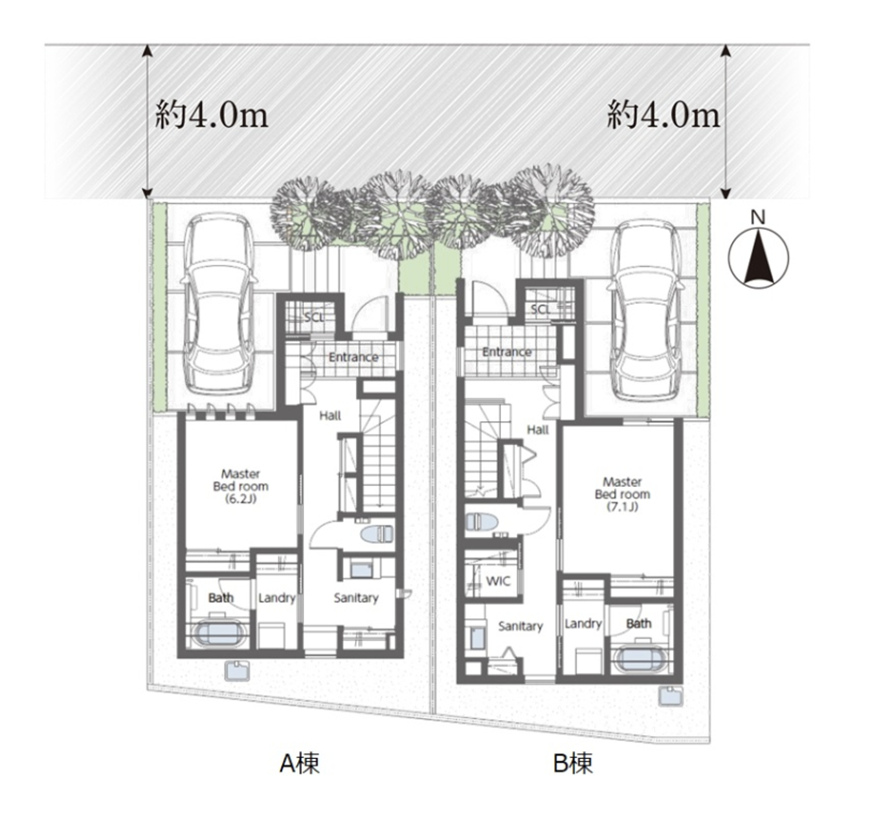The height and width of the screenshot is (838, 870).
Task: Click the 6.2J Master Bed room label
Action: (x=241, y=486)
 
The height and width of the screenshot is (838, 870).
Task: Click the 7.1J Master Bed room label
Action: (x=622, y=494)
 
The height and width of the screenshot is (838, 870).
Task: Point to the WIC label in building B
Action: (x=498, y=581)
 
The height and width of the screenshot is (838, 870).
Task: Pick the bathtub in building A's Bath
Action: (x=219, y=634)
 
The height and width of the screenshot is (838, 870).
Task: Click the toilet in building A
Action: (x=377, y=534)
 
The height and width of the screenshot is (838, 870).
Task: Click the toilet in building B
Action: (x=482, y=522)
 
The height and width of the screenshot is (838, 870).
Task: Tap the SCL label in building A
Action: (x=315, y=318)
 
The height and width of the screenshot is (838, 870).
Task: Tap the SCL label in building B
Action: (x=541, y=309)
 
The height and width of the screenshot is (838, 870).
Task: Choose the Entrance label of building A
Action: (x=353, y=357)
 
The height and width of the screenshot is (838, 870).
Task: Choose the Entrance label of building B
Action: (x=507, y=352)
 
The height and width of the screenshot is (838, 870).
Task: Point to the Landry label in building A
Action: (x=277, y=598)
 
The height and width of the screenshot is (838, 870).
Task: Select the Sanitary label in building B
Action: (x=521, y=626)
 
